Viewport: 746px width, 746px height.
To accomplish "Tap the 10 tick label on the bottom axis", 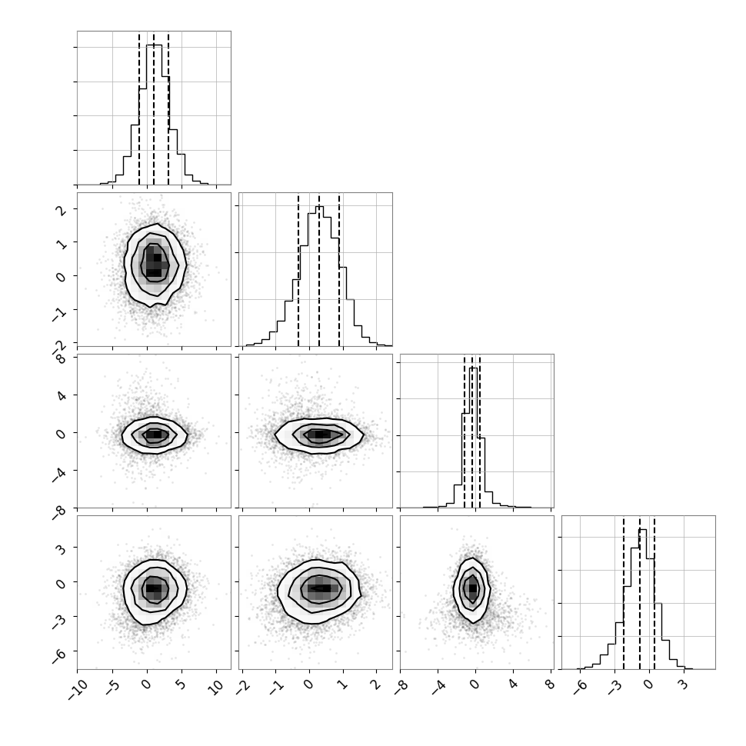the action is [215, 688].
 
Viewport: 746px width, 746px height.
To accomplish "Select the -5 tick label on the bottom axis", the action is [112, 688].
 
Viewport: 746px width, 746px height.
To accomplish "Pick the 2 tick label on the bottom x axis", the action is [377, 684].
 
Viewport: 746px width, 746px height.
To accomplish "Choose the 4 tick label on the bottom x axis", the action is [513, 685].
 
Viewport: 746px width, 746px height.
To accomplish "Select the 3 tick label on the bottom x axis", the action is [684, 685].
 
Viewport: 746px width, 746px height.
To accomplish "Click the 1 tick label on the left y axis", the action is [62, 243].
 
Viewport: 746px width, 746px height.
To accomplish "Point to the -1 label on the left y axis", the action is [59, 312].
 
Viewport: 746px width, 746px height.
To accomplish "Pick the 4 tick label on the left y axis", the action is [62, 395].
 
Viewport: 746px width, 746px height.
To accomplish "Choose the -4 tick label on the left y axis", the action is [59, 473].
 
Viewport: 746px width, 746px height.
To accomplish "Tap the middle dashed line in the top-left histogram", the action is [154, 108].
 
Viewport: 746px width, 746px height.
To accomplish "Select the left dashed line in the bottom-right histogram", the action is [623, 592].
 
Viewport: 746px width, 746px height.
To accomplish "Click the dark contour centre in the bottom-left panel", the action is [154, 588].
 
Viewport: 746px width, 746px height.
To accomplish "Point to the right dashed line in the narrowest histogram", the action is [480, 431].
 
